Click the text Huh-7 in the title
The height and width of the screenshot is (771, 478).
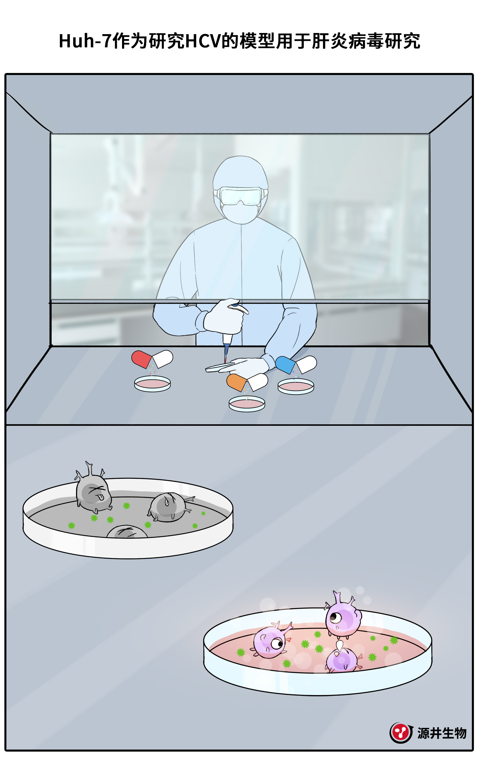coord(85,41)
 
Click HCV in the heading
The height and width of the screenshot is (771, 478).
coord(203,41)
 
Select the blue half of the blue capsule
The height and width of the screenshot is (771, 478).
coord(285,365)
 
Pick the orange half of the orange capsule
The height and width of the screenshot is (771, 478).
coord(236,382)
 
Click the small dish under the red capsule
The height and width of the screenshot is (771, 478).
coord(152,383)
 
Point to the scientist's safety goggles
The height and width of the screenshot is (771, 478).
coord(241,196)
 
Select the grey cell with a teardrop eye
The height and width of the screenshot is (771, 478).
coord(169,506)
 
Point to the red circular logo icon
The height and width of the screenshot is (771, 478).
coord(401,733)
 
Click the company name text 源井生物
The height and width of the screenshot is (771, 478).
coord(442,733)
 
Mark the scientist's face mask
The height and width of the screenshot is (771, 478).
coord(240,212)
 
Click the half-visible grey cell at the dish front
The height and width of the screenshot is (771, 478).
coord(127,531)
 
